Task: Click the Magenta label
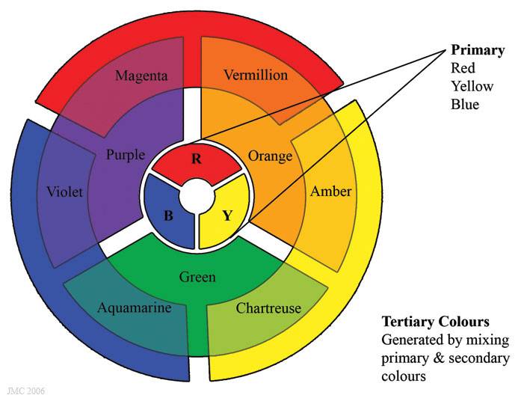(142, 76)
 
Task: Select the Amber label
(330, 192)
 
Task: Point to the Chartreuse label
(268, 307)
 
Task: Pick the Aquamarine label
(135, 307)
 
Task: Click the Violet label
(64, 192)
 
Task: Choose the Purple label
(125, 155)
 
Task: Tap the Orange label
(270, 156)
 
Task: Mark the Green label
(197, 277)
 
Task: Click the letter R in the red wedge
(197, 159)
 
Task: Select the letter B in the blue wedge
(169, 216)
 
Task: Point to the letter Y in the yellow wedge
(227, 216)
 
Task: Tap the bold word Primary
(477, 51)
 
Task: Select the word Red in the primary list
(463, 69)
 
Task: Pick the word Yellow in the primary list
(472, 86)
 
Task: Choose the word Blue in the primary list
(464, 104)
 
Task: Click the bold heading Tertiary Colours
(435, 322)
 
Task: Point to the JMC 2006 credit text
(22, 391)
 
